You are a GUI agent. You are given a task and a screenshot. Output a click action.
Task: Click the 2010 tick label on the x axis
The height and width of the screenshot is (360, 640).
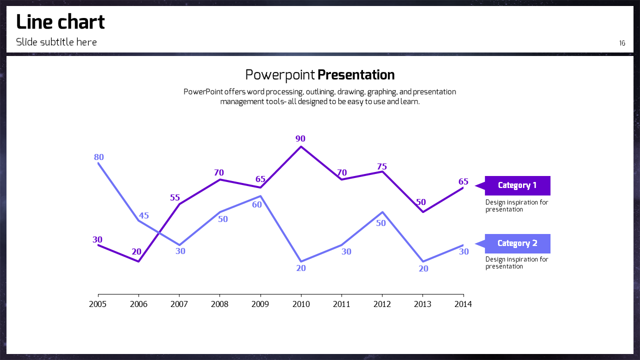(300, 304)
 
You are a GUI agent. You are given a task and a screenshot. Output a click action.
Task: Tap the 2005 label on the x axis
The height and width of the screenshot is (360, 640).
(98, 304)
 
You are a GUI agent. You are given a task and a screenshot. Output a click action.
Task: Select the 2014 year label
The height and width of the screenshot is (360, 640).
(463, 304)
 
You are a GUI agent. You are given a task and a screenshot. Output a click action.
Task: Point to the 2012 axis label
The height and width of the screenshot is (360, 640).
(382, 304)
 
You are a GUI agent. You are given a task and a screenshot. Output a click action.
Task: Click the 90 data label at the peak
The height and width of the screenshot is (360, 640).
(300, 139)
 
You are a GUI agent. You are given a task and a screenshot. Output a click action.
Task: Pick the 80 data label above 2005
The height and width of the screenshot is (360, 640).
(99, 157)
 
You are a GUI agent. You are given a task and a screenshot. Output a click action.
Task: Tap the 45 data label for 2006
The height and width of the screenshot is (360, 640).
(144, 216)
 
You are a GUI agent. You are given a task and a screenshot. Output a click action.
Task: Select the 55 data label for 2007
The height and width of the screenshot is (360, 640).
(175, 198)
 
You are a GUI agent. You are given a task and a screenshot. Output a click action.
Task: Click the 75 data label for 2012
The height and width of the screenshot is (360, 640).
(382, 167)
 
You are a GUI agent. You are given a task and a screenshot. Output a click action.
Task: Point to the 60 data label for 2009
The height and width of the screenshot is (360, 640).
(257, 204)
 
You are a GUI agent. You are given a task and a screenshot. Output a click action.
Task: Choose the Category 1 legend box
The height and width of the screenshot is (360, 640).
(517, 185)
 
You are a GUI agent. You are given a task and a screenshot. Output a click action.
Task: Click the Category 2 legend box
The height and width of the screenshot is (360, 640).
(517, 243)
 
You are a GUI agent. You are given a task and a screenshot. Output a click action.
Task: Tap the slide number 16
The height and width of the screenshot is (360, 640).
(622, 43)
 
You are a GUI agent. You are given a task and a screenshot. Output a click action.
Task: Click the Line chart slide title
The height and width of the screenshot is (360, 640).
(60, 22)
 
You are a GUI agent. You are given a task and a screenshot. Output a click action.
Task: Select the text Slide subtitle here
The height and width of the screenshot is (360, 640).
(56, 42)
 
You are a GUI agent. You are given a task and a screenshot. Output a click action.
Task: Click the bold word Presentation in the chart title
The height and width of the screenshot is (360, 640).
(356, 75)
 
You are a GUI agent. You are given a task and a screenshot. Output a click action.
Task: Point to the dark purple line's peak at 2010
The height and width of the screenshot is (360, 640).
(300, 146)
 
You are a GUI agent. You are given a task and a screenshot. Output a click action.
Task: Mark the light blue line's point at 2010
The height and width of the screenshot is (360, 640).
(300, 261)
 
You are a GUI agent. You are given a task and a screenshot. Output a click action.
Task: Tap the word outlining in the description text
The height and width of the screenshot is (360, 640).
(319, 92)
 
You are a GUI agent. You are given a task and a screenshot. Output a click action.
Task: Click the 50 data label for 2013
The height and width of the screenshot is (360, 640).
(421, 202)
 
